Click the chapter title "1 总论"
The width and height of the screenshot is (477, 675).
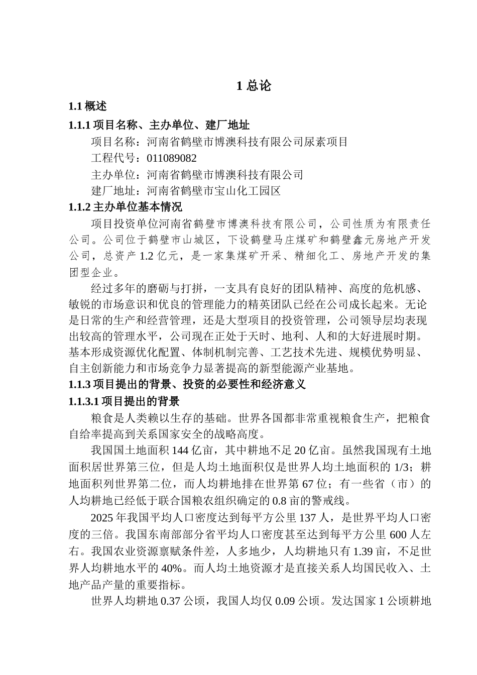tap(254, 86)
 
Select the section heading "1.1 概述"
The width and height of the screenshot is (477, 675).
tap(87, 106)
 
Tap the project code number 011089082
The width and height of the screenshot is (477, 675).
tap(172, 158)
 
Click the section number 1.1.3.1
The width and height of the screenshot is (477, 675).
tap(84, 401)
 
